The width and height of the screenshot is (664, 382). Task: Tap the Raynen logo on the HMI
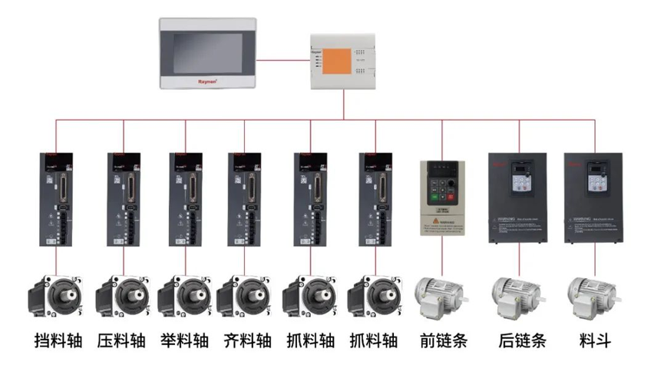point(208,79)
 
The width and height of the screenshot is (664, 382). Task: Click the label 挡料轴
point(59,340)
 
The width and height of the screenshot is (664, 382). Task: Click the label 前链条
point(444,340)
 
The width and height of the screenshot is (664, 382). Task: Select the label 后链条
point(521,340)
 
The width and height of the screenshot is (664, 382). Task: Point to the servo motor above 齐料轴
point(245,297)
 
